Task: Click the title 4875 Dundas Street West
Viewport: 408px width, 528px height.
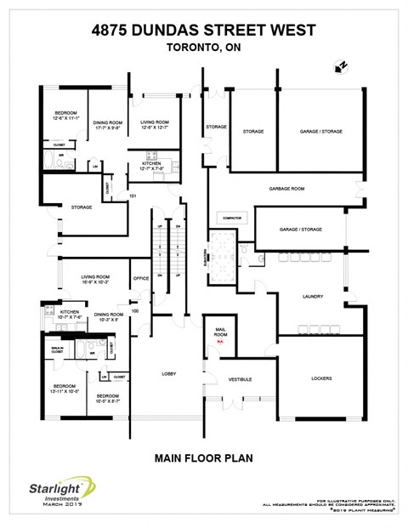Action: coord(204,31)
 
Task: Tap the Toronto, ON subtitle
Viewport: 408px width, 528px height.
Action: coord(204,48)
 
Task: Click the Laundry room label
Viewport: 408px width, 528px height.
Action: coord(312,296)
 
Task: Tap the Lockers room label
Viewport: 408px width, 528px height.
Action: coord(321,378)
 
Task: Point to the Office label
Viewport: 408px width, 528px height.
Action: coord(141,278)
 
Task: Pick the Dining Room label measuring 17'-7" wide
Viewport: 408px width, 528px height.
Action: coord(109,125)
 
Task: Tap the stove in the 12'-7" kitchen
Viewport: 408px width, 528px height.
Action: coord(151,156)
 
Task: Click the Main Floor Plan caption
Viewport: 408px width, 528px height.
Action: coord(204,458)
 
